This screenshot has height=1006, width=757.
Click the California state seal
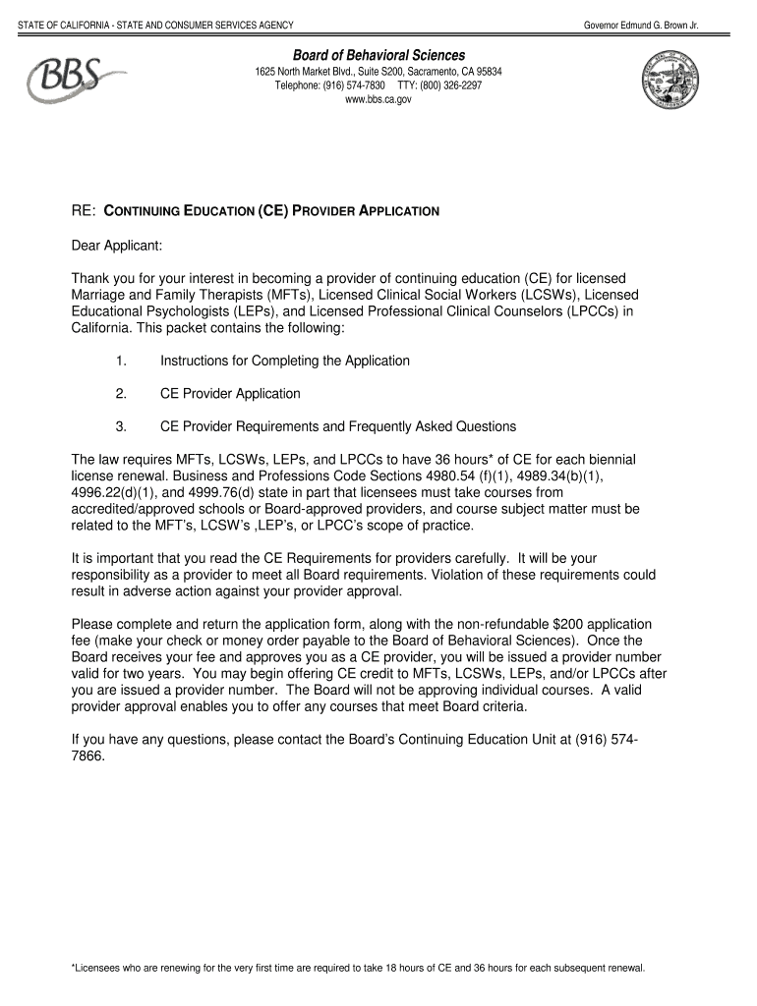coord(671,82)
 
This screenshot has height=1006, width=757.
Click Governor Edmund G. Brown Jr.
coord(640,24)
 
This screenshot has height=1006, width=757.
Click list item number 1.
coord(121,361)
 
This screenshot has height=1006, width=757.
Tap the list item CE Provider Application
coord(230,394)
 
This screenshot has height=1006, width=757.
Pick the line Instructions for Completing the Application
coord(285,361)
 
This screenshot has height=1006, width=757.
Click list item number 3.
coord(121,426)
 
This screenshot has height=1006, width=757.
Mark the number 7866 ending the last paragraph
coord(88,757)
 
